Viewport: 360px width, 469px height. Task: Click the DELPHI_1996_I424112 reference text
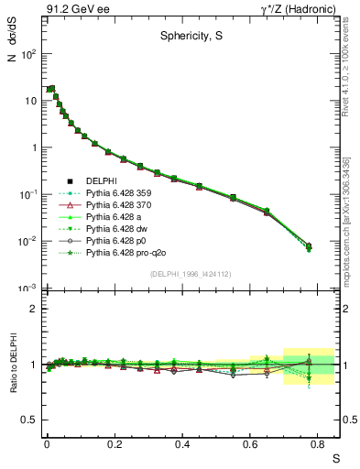190,273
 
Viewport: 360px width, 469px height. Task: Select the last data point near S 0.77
309,246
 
